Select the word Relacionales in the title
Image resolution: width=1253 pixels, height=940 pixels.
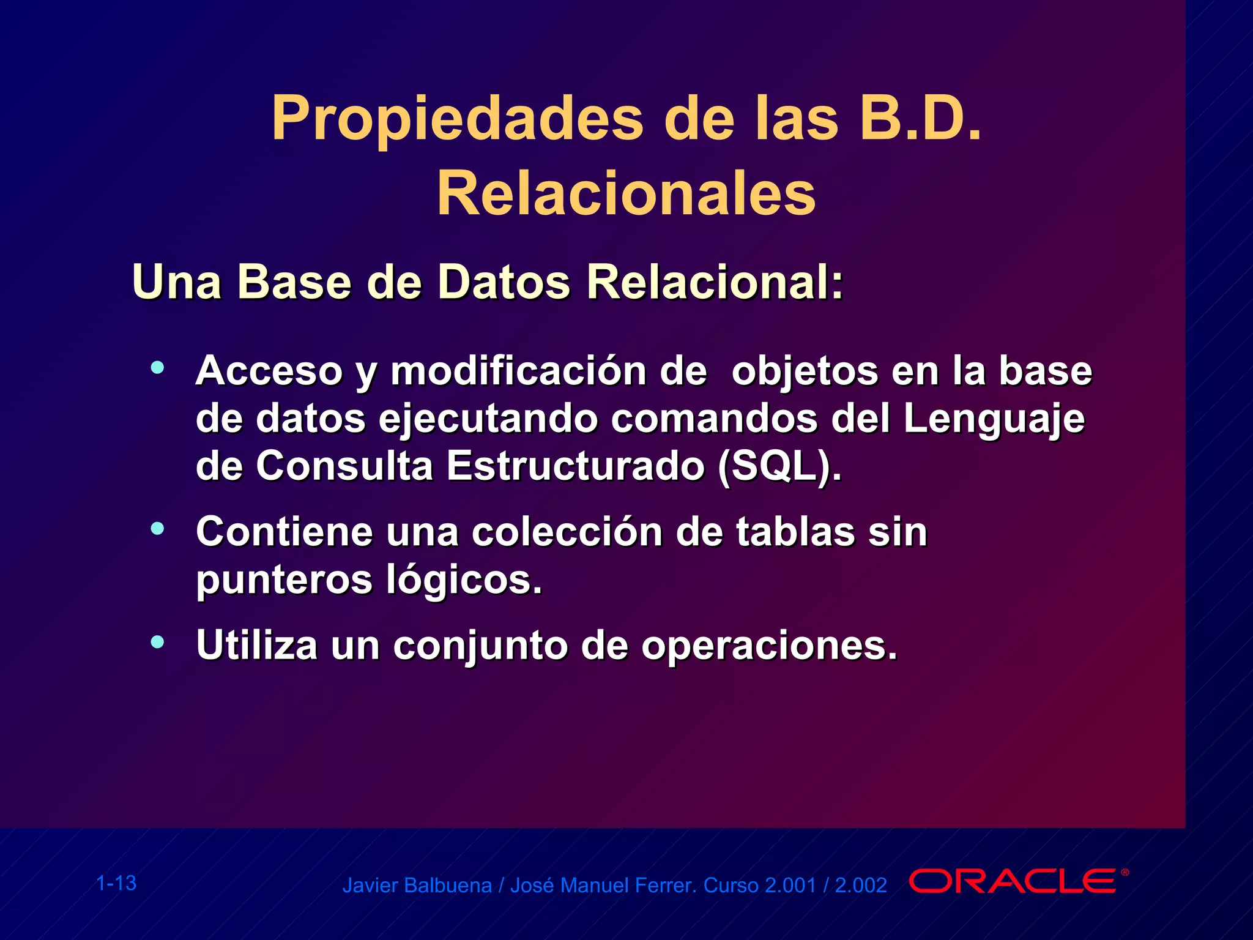[x=626, y=195]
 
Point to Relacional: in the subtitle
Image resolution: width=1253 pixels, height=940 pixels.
[x=715, y=282]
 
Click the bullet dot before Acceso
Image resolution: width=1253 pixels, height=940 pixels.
[x=158, y=368]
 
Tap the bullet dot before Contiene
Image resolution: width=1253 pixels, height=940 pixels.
[x=158, y=528]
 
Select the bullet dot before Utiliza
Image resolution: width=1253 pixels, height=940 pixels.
[x=158, y=641]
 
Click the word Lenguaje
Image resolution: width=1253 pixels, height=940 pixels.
[x=994, y=420]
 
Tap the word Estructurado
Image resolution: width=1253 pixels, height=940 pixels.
[x=575, y=466]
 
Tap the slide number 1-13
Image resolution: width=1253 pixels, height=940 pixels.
[x=116, y=883]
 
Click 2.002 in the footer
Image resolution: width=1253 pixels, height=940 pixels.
[x=860, y=886]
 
